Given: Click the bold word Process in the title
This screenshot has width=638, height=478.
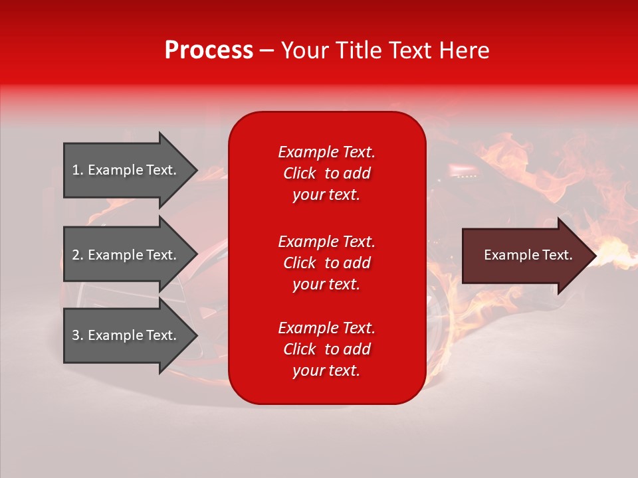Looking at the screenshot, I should tap(209, 50).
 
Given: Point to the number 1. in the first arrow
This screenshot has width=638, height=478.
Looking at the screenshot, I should tap(78, 170).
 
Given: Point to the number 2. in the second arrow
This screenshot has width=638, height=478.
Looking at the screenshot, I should tap(78, 255).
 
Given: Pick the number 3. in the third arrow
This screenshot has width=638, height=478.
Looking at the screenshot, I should tap(78, 335).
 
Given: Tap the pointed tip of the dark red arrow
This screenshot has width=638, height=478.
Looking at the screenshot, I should tap(593, 256).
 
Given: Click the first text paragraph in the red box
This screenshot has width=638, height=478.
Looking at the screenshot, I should tap(326, 173).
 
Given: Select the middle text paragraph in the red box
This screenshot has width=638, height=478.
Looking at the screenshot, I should tap(326, 263).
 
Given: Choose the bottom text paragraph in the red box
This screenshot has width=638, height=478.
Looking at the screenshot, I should tap(326, 349).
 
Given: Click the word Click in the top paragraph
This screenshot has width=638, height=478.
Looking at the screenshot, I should tap(299, 173).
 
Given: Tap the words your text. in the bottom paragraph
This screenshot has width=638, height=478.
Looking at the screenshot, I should tap(326, 370).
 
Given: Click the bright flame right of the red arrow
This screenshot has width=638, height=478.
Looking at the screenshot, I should tap(615, 256).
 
